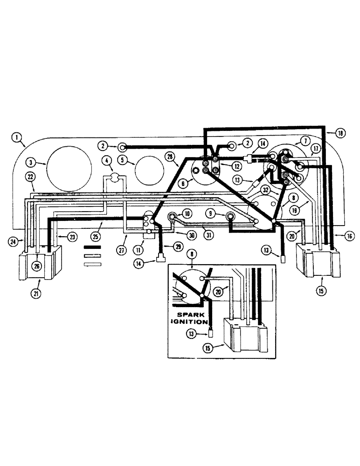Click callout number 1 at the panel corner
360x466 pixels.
(x=17, y=137)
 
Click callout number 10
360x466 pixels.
(x=187, y=213)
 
